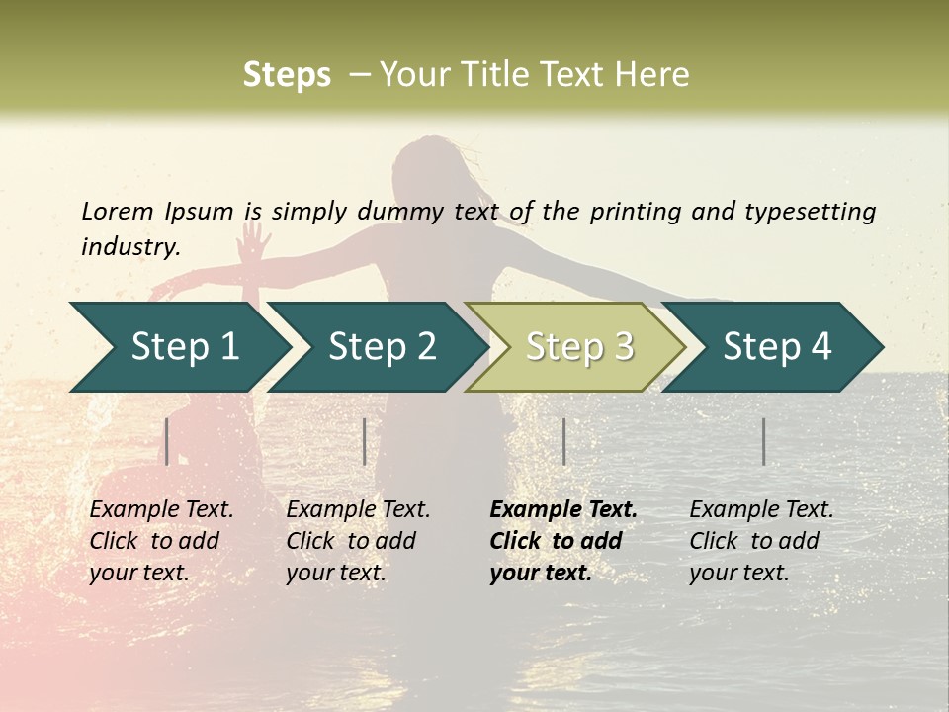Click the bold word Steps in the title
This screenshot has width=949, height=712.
[x=287, y=75]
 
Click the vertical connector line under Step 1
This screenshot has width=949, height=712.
[x=167, y=441]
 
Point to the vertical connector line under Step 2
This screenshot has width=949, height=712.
[x=365, y=441]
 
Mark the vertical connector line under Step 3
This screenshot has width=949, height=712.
[x=563, y=441]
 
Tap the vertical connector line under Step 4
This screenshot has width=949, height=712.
[x=763, y=441]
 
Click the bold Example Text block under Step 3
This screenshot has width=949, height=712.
[x=563, y=541]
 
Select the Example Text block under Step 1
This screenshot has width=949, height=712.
[x=162, y=541]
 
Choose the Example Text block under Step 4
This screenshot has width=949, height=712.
[x=761, y=541]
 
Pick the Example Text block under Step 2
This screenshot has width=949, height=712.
[x=358, y=541]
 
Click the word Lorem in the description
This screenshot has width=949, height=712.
[x=118, y=211]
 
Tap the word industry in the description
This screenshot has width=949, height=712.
[x=130, y=246]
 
